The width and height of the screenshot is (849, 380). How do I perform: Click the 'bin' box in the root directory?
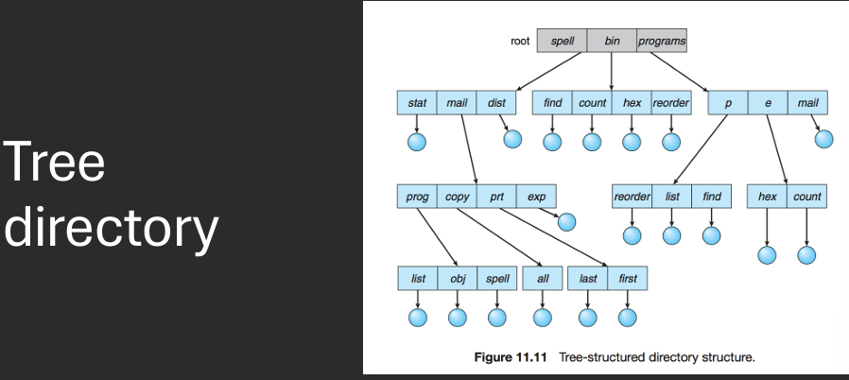click(x=612, y=42)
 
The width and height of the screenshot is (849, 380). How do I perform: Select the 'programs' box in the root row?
click(x=661, y=42)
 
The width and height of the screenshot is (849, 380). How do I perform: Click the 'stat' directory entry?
click(x=416, y=102)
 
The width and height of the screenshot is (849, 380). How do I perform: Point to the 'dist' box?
click(x=495, y=102)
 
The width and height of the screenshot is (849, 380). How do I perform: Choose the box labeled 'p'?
click(x=728, y=102)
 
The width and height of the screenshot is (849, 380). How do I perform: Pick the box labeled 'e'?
click(x=768, y=102)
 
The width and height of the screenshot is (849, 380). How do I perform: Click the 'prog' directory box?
click(x=416, y=197)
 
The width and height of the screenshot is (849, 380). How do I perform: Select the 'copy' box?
click(x=457, y=197)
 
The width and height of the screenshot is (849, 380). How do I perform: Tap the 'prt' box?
click(x=496, y=197)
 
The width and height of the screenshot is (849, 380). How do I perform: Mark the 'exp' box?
click(x=536, y=197)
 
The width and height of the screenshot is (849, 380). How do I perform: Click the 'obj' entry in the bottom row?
click(x=457, y=279)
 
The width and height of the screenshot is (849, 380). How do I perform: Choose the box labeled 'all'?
click(x=543, y=279)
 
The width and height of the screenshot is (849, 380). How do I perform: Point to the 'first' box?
click(x=628, y=279)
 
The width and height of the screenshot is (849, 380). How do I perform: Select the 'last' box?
click(x=587, y=279)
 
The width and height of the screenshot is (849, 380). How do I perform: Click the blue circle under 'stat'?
click(x=416, y=142)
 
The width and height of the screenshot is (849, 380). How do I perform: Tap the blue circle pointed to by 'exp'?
click(x=566, y=222)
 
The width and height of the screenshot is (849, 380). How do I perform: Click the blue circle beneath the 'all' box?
click(x=543, y=319)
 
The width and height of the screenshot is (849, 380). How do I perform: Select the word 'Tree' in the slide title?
click(x=54, y=165)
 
